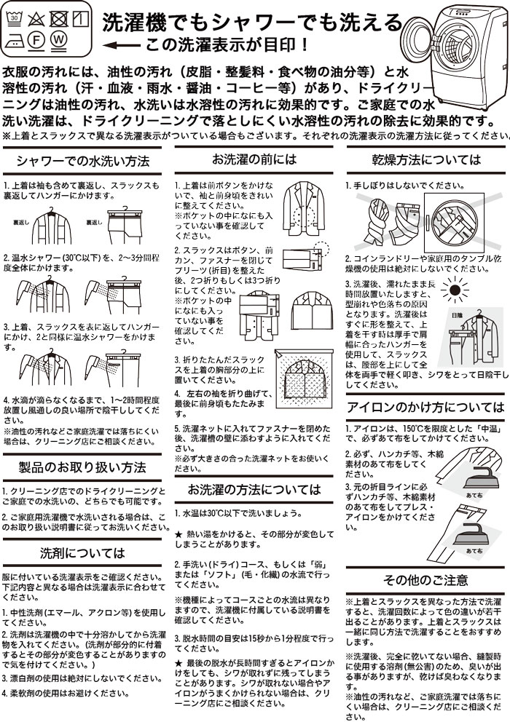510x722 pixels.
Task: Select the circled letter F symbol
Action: [x=36, y=40]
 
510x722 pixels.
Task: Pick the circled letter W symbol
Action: [x=58, y=40]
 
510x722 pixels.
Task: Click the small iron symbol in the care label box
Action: [x=15, y=40]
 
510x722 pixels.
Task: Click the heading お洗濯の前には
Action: [x=254, y=159]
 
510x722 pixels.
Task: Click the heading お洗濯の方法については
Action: [x=254, y=488]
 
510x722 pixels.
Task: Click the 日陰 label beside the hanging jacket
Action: [x=457, y=316]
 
